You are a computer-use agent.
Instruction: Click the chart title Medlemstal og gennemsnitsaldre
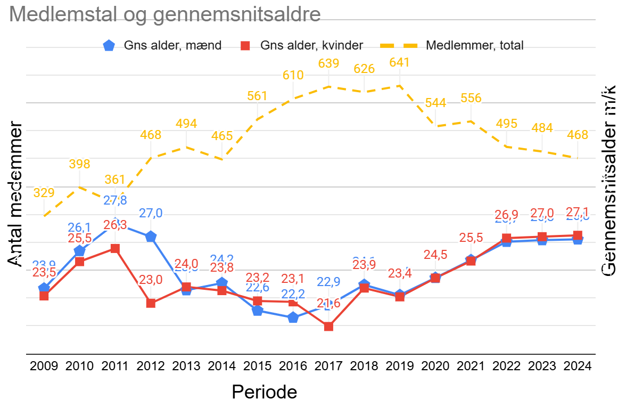tap(165, 14)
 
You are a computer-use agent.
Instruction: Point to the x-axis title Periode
tap(264, 392)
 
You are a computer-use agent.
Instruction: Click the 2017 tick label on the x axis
tap(328, 367)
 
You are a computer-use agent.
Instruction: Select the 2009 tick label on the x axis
tap(44, 367)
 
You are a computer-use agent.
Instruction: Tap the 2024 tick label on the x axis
tap(578, 367)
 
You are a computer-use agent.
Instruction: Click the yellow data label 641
tap(400, 62)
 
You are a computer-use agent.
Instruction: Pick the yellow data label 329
tap(44, 192)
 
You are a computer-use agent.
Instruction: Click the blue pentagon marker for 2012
tap(151, 237)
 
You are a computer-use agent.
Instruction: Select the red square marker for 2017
tap(328, 327)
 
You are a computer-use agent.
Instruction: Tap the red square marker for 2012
tap(151, 303)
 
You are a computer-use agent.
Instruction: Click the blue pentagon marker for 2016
tap(293, 318)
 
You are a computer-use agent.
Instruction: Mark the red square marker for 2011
tap(115, 249)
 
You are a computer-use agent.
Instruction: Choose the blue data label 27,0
tap(151, 214)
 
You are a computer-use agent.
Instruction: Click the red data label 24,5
tap(435, 255)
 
